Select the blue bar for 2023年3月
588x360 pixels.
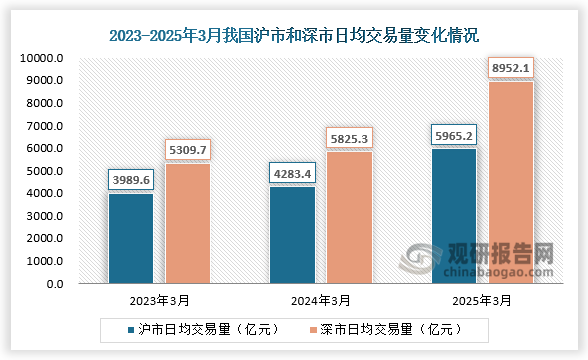(130, 238)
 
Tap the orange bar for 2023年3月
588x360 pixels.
(187, 223)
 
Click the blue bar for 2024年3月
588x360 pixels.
(293, 235)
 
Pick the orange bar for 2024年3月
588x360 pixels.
(350, 217)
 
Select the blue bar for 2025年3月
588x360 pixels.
(454, 216)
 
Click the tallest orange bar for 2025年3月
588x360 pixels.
(511, 182)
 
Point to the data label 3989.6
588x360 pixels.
(130, 180)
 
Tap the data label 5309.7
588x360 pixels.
(187, 150)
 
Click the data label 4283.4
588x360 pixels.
(293, 173)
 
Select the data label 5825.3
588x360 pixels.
(350, 138)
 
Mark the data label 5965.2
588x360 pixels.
(454, 135)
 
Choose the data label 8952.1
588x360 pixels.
(511, 68)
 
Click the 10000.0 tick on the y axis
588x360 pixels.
(41, 58)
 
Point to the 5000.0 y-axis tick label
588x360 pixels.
(44, 171)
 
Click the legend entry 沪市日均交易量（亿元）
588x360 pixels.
(201, 329)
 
